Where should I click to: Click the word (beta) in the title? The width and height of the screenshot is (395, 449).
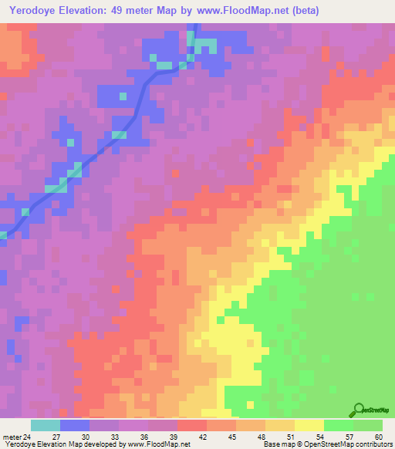[x=302, y=11]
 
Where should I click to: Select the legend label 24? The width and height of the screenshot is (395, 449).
[x=27, y=437]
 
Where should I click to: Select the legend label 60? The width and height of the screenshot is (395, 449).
[x=376, y=437]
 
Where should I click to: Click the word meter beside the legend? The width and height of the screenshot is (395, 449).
[x=11, y=437]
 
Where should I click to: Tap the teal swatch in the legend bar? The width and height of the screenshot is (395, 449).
[x=46, y=425]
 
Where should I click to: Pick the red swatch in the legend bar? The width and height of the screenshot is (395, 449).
[x=192, y=425]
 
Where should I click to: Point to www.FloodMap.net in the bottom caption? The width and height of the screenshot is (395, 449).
[x=157, y=445]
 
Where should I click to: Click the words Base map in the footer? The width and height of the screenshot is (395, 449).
[x=277, y=445]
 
